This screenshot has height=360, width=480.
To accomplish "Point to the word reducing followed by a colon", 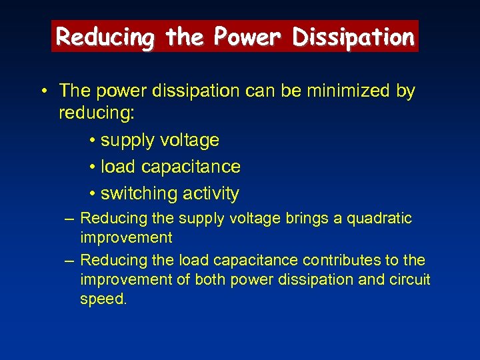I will (x=97, y=113).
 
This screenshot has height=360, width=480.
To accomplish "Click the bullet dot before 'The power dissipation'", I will (x=43, y=91).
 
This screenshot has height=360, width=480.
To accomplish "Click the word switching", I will (x=135, y=194).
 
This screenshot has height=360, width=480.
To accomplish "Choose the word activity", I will (x=208, y=194).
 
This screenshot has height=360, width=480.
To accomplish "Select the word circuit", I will (x=410, y=280).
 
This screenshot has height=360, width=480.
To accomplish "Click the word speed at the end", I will (x=103, y=300).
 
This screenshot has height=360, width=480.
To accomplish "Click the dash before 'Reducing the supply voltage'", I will (x=69, y=219).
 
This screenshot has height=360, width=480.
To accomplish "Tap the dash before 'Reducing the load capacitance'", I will (x=69, y=260).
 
